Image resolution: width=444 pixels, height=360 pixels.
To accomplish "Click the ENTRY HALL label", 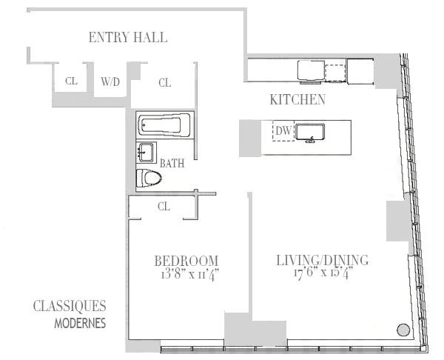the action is [127, 37].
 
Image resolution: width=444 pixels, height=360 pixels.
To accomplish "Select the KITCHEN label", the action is [297, 100].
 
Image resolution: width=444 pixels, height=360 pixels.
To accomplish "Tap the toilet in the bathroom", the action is [150, 178].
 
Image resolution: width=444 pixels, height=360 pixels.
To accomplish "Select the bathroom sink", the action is [146, 153].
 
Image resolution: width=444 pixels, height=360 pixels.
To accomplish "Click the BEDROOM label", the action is [186, 260].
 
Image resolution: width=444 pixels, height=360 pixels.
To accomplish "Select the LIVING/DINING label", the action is [322, 260].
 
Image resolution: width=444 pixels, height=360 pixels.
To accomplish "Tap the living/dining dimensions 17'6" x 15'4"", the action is [322, 273].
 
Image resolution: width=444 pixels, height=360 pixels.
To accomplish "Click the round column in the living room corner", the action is [403, 330].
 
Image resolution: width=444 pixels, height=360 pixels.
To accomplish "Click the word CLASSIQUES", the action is [70, 307].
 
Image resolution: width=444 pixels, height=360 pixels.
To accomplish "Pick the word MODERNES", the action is [80, 324].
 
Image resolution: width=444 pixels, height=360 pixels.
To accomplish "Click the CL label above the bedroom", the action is [164, 207].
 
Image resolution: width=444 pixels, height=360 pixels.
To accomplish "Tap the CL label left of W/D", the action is [71, 82].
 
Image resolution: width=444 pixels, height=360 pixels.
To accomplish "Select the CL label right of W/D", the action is [164, 83].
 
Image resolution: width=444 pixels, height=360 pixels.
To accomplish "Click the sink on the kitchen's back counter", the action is [310, 71].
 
